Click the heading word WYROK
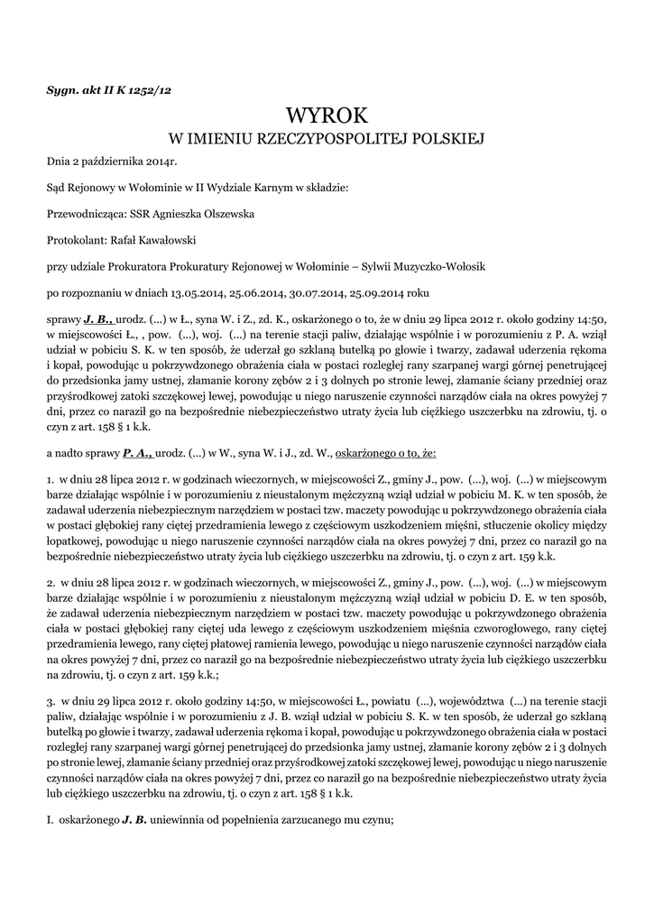pyautogui.click(x=327, y=115)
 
